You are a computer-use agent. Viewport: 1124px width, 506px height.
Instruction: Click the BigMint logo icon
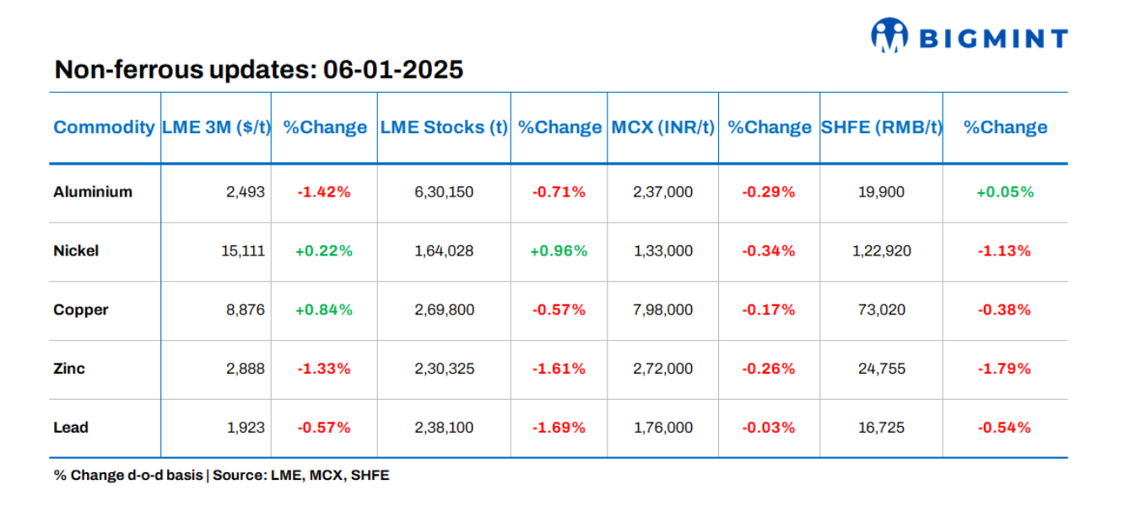coord(889,36)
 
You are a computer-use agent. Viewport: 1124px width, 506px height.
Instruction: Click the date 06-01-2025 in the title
coord(393,70)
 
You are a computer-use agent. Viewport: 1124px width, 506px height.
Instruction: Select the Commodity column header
coord(104,127)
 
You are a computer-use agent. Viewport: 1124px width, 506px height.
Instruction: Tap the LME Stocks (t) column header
coord(444,127)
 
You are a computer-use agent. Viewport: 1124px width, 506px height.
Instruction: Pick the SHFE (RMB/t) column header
coord(881,127)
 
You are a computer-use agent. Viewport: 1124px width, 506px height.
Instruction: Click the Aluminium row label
coord(93,191)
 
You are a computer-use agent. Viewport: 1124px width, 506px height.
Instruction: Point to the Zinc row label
coord(69,369)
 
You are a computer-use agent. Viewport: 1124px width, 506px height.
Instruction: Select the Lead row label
coord(71,428)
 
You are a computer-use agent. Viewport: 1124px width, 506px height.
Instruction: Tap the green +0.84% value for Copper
coord(324,310)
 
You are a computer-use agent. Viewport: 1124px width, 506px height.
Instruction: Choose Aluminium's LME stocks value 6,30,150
coord(444,191)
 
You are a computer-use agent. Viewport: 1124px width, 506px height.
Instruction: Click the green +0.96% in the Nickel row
coord(559,250)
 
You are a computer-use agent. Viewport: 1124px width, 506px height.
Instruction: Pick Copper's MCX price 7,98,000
coord(662,310)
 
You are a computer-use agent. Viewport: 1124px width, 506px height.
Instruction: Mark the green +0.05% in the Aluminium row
coord(1004,191)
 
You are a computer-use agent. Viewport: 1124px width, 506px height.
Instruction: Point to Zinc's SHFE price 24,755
coord(880,369)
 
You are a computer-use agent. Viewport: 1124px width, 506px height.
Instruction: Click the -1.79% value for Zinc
coord(1004,369)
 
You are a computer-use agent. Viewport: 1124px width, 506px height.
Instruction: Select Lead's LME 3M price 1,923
coord(246,428)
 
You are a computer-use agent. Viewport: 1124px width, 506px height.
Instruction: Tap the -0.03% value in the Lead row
coord(768,428)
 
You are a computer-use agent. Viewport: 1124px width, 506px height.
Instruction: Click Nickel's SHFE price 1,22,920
coord(880,250)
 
